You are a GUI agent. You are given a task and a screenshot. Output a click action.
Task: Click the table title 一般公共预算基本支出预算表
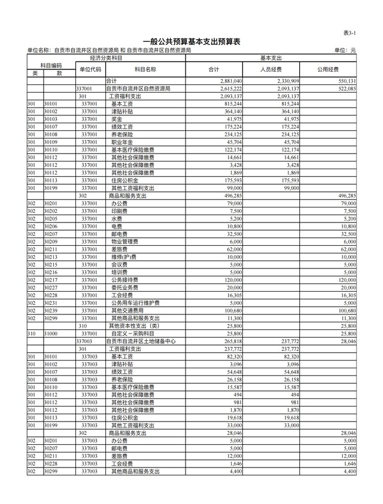[191, 42]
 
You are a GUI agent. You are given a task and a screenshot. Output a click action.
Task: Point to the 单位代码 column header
[90, 69]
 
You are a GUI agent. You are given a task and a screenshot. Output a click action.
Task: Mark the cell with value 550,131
[346, 81]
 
